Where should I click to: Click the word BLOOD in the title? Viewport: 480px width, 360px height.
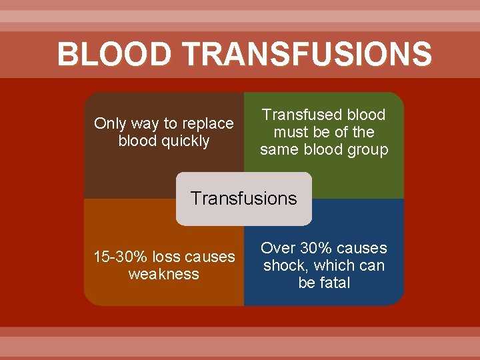(114, 54)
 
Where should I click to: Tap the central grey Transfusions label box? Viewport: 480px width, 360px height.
(244, 199)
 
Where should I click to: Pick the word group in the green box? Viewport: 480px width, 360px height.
(367, 150)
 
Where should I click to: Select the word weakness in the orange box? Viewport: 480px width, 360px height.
(164, 274)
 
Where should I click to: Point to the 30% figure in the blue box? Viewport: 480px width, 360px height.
(317, 248)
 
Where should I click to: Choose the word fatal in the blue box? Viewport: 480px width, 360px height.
(335, 283)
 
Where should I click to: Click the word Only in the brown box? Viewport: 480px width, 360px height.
(109, 124)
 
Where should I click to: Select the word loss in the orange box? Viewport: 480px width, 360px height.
(165, 257)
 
